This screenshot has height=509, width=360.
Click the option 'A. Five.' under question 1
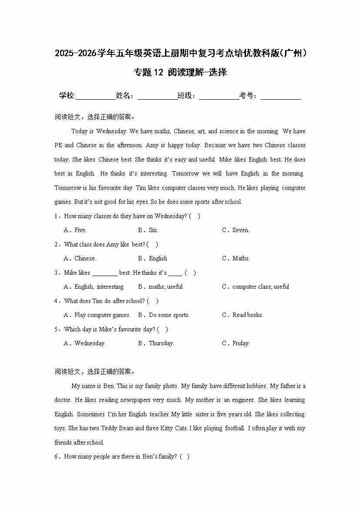(75, 230)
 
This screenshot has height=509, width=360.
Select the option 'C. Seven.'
(236, 230)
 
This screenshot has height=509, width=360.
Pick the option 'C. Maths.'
(236, 259)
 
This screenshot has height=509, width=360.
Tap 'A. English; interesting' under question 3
(94, 287)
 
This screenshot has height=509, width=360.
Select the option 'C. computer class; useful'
(256, 287)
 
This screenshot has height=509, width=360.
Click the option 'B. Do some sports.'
(164, 315)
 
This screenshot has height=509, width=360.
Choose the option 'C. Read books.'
(242, 315)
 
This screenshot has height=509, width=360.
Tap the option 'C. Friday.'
(236, 344)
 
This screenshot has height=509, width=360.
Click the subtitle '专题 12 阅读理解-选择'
(180, 73)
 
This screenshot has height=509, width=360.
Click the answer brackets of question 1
(195, 216)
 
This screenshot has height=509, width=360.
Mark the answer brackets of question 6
(185, 457)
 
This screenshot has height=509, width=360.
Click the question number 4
(56, 301)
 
